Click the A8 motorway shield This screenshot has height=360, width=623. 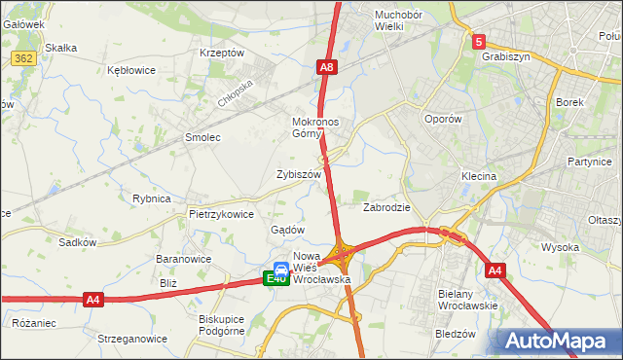tap(328, 67)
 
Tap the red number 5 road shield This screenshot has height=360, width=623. tap(478, 42)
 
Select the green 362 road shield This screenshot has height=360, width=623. tap(24, 58)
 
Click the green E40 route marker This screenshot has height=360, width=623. tap(275, 279)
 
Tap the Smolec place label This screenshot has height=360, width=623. tap(202, 138)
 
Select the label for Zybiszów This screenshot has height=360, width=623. tap(299, 174)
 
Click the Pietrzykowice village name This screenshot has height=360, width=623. tap(222, 214)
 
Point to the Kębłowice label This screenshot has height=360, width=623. tap(131, 71)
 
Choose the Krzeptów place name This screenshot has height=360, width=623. tap(221, 53)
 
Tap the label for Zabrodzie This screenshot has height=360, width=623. tap(386, 207)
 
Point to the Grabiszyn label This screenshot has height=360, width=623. tap(505, 56)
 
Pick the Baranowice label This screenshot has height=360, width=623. tap(184, 260)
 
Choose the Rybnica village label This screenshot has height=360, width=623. tap(152, 198)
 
